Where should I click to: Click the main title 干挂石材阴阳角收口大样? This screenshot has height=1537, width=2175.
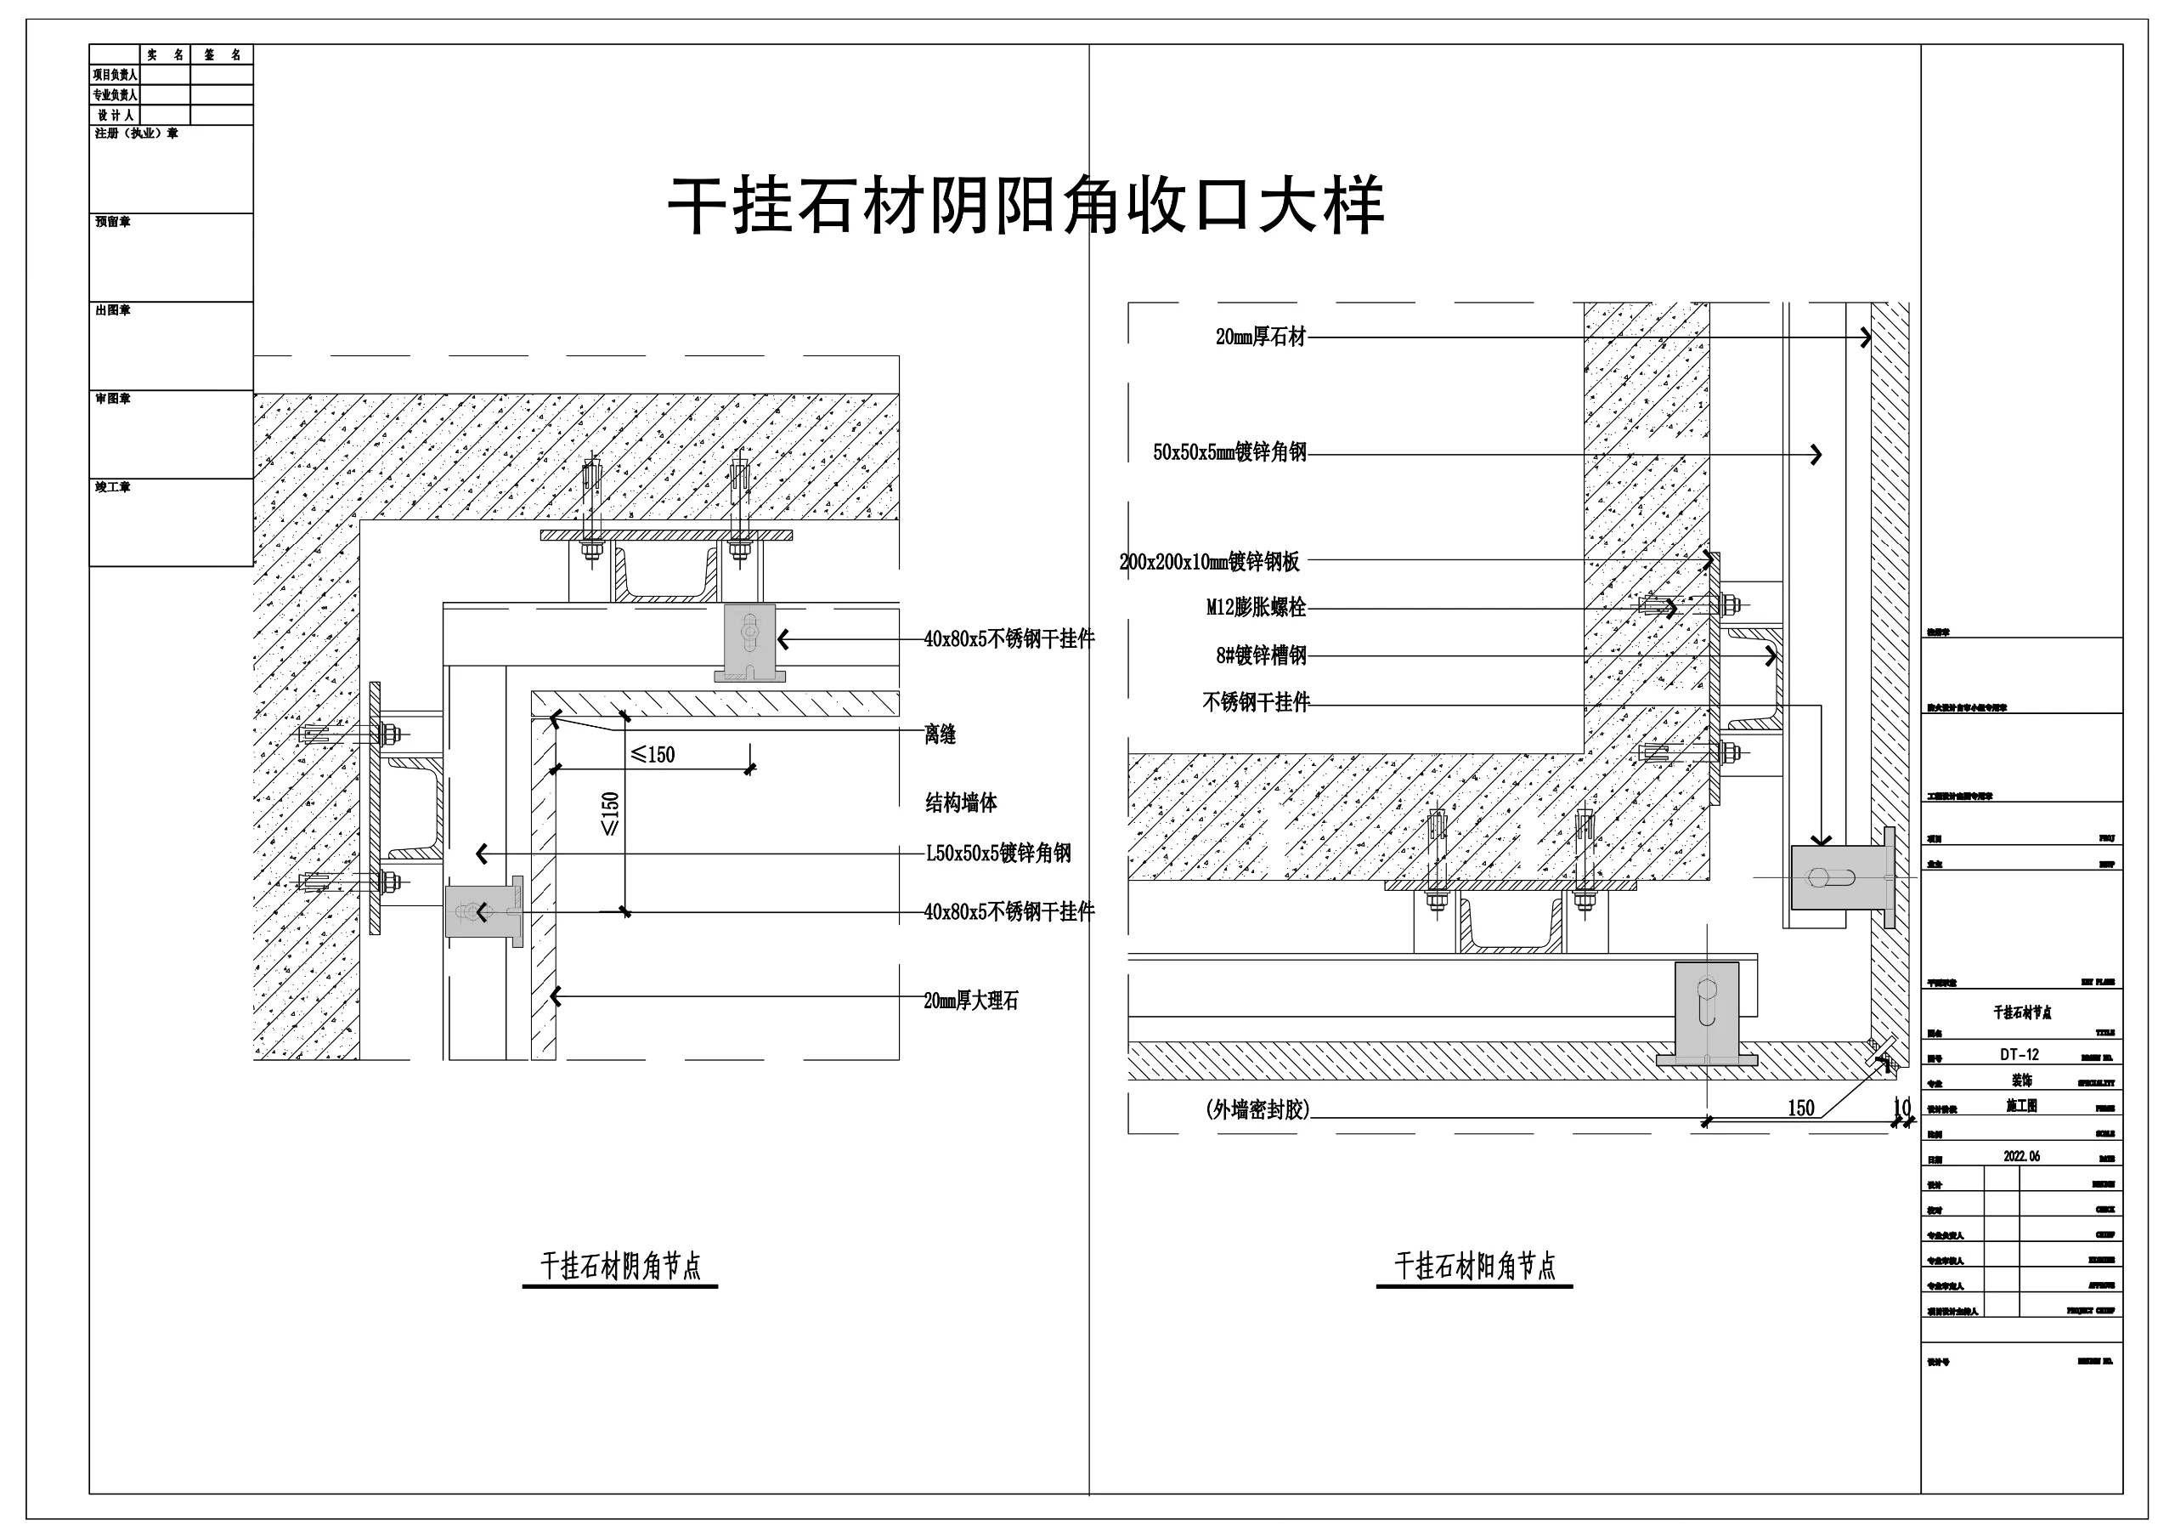[x=1026, y=206]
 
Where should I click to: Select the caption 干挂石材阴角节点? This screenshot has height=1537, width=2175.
[x=620, y=1266]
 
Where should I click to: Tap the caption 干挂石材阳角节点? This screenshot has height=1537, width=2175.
[x=1475, y=1266]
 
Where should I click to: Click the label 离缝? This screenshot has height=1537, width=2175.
[x=940, y=734]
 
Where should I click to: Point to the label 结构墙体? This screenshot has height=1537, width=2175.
[x=961, y=803]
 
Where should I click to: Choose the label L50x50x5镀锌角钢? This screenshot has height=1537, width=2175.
[x=998, y=853]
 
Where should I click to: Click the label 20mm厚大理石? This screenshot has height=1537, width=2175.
[x=971, y=1001]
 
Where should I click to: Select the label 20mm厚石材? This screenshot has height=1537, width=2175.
[x=1260, y=337]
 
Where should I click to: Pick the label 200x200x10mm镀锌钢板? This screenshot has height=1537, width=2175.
[x=1210, y=562]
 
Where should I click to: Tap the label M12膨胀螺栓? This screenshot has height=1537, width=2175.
[x=1256, y=608]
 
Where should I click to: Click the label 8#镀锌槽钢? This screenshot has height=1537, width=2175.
[x=1261, y=655]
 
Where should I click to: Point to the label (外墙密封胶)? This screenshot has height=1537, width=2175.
[x=1257, y=1109]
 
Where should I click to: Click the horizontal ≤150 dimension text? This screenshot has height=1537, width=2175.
[x=652, y=755]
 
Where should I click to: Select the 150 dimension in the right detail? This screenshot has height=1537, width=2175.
[x=1799, y=1108]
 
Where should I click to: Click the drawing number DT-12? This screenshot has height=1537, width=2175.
[x=2020, y=1055]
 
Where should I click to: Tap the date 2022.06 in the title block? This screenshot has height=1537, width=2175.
[x=2021, y=1156]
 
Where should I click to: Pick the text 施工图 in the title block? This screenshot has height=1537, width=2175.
[x=2021, y=1106]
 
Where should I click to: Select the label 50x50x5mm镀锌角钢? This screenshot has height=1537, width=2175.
[x=1229, y=453]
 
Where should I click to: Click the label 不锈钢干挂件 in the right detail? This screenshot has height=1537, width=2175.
[x=1256, y=702]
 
